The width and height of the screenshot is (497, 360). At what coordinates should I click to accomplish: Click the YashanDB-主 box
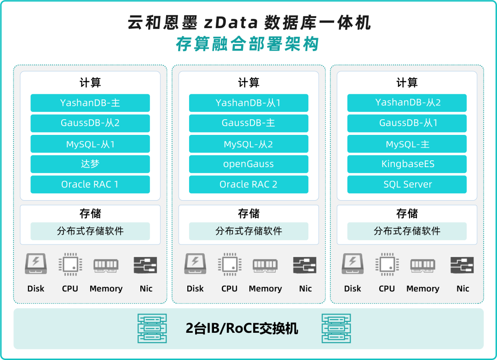tap(90, 103)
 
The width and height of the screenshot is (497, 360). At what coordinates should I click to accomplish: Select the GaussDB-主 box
tap(248, 123)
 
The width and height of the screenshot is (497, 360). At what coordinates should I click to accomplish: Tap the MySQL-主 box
tap(407, 144)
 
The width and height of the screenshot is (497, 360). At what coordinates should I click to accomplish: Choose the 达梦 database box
tap(90, 164)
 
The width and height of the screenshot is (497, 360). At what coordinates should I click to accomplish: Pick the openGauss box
tap(248, 164)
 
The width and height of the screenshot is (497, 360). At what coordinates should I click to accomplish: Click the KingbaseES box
tap(407, 164)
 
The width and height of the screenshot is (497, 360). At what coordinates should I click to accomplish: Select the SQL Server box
tap(407, 184)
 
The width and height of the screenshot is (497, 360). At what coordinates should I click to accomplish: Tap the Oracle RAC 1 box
tap(90, 184)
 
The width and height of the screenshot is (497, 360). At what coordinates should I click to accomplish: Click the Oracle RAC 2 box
tap(248, 184)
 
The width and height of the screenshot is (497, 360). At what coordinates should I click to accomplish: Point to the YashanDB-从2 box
tap(407, 103)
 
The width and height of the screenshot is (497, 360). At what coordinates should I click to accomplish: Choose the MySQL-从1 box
tap(90, 144)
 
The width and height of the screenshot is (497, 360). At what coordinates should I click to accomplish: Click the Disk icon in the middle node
tap(195, 264)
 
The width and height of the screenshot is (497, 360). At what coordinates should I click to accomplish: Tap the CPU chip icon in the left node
tap(70, 264)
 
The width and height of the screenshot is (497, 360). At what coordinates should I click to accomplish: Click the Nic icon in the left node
tap(145, 265)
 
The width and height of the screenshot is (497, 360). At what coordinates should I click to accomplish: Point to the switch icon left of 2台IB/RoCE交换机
tap(152, 328)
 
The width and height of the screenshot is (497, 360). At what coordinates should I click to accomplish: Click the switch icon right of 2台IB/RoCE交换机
tap(336, 328)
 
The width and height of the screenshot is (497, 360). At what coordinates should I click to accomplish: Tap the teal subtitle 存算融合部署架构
tap(248, 44)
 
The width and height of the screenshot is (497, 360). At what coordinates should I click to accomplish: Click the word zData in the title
tap(231, 23)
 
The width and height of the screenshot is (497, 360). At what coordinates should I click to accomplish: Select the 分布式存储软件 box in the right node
tap(407, 231)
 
